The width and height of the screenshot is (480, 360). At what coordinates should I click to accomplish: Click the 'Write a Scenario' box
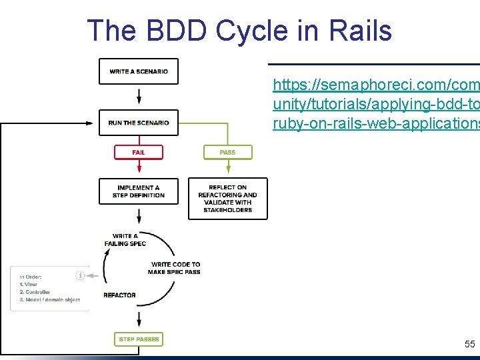coord(139,71)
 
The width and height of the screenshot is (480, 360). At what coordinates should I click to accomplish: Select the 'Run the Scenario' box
coord(139,123)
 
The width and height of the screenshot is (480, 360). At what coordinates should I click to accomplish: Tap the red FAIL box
coord(139,152)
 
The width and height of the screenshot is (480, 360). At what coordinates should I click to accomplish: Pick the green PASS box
coord(228,152)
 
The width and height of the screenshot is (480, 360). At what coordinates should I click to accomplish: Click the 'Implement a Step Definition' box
coord(139,191)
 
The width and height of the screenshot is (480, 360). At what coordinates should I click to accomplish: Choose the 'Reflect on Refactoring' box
coord(227,199)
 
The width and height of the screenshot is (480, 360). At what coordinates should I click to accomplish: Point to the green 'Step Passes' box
coord(139,339)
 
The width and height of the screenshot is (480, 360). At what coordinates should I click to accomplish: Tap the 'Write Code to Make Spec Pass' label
coord(175,268)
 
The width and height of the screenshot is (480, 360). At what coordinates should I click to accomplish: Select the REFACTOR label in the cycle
coord(120,295)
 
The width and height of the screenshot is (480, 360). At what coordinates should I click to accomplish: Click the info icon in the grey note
coord(81,275)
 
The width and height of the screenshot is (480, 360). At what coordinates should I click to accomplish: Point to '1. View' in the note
coord(28,285)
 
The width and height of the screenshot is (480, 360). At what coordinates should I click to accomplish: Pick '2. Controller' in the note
coord(35,292)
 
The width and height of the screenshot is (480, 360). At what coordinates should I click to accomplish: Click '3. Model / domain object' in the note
coord(49,300)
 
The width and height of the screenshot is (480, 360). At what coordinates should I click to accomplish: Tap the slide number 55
coord(469,344)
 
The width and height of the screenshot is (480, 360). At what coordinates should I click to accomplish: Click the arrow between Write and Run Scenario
coord(139,97)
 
